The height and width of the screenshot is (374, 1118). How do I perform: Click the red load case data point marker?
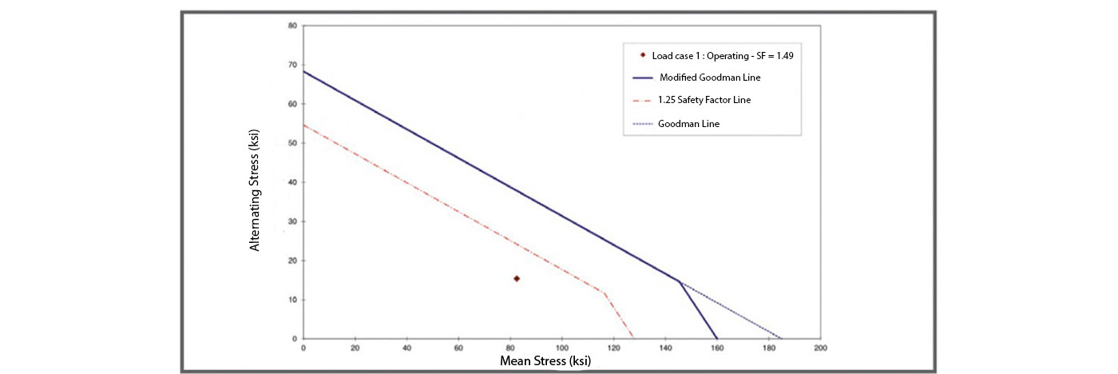[x=517, y=279]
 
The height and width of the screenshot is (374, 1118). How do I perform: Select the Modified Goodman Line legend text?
[x=710, y=78]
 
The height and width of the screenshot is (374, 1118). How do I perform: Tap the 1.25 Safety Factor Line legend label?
[x=704, y=100]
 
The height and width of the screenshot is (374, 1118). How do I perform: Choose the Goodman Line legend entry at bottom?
[x=688, y=124]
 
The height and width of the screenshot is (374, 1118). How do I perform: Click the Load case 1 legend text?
[x=723, y=56]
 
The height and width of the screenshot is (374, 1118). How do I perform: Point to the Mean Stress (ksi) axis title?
[x=545, y=361]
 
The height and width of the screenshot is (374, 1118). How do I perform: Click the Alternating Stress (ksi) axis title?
[x=255, y=190]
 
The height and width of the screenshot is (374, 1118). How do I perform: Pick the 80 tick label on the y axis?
[x=292, y=26]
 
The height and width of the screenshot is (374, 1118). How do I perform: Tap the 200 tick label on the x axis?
[x=821, y=348]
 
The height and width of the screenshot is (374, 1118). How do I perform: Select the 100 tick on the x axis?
[x=562, y=348]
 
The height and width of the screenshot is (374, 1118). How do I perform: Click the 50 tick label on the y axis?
[x=292, y=143]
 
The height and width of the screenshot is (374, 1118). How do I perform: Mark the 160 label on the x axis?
[x=717, y=348]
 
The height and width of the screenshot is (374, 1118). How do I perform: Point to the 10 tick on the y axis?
[x=292, y=300]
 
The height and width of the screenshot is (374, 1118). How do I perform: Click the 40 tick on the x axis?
[x=406, y=348]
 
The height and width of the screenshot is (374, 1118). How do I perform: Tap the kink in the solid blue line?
[x=679, y=281]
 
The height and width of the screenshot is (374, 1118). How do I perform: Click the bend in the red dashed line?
[x=605, y=293]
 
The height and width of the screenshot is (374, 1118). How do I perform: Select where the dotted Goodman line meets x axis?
[x=782, y=339]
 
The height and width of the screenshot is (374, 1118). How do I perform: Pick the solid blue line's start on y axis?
[x=303, y=71]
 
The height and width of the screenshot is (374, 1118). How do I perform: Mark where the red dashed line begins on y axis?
[x=303, y=125]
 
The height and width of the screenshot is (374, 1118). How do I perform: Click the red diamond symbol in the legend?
[x=643, y=55]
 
